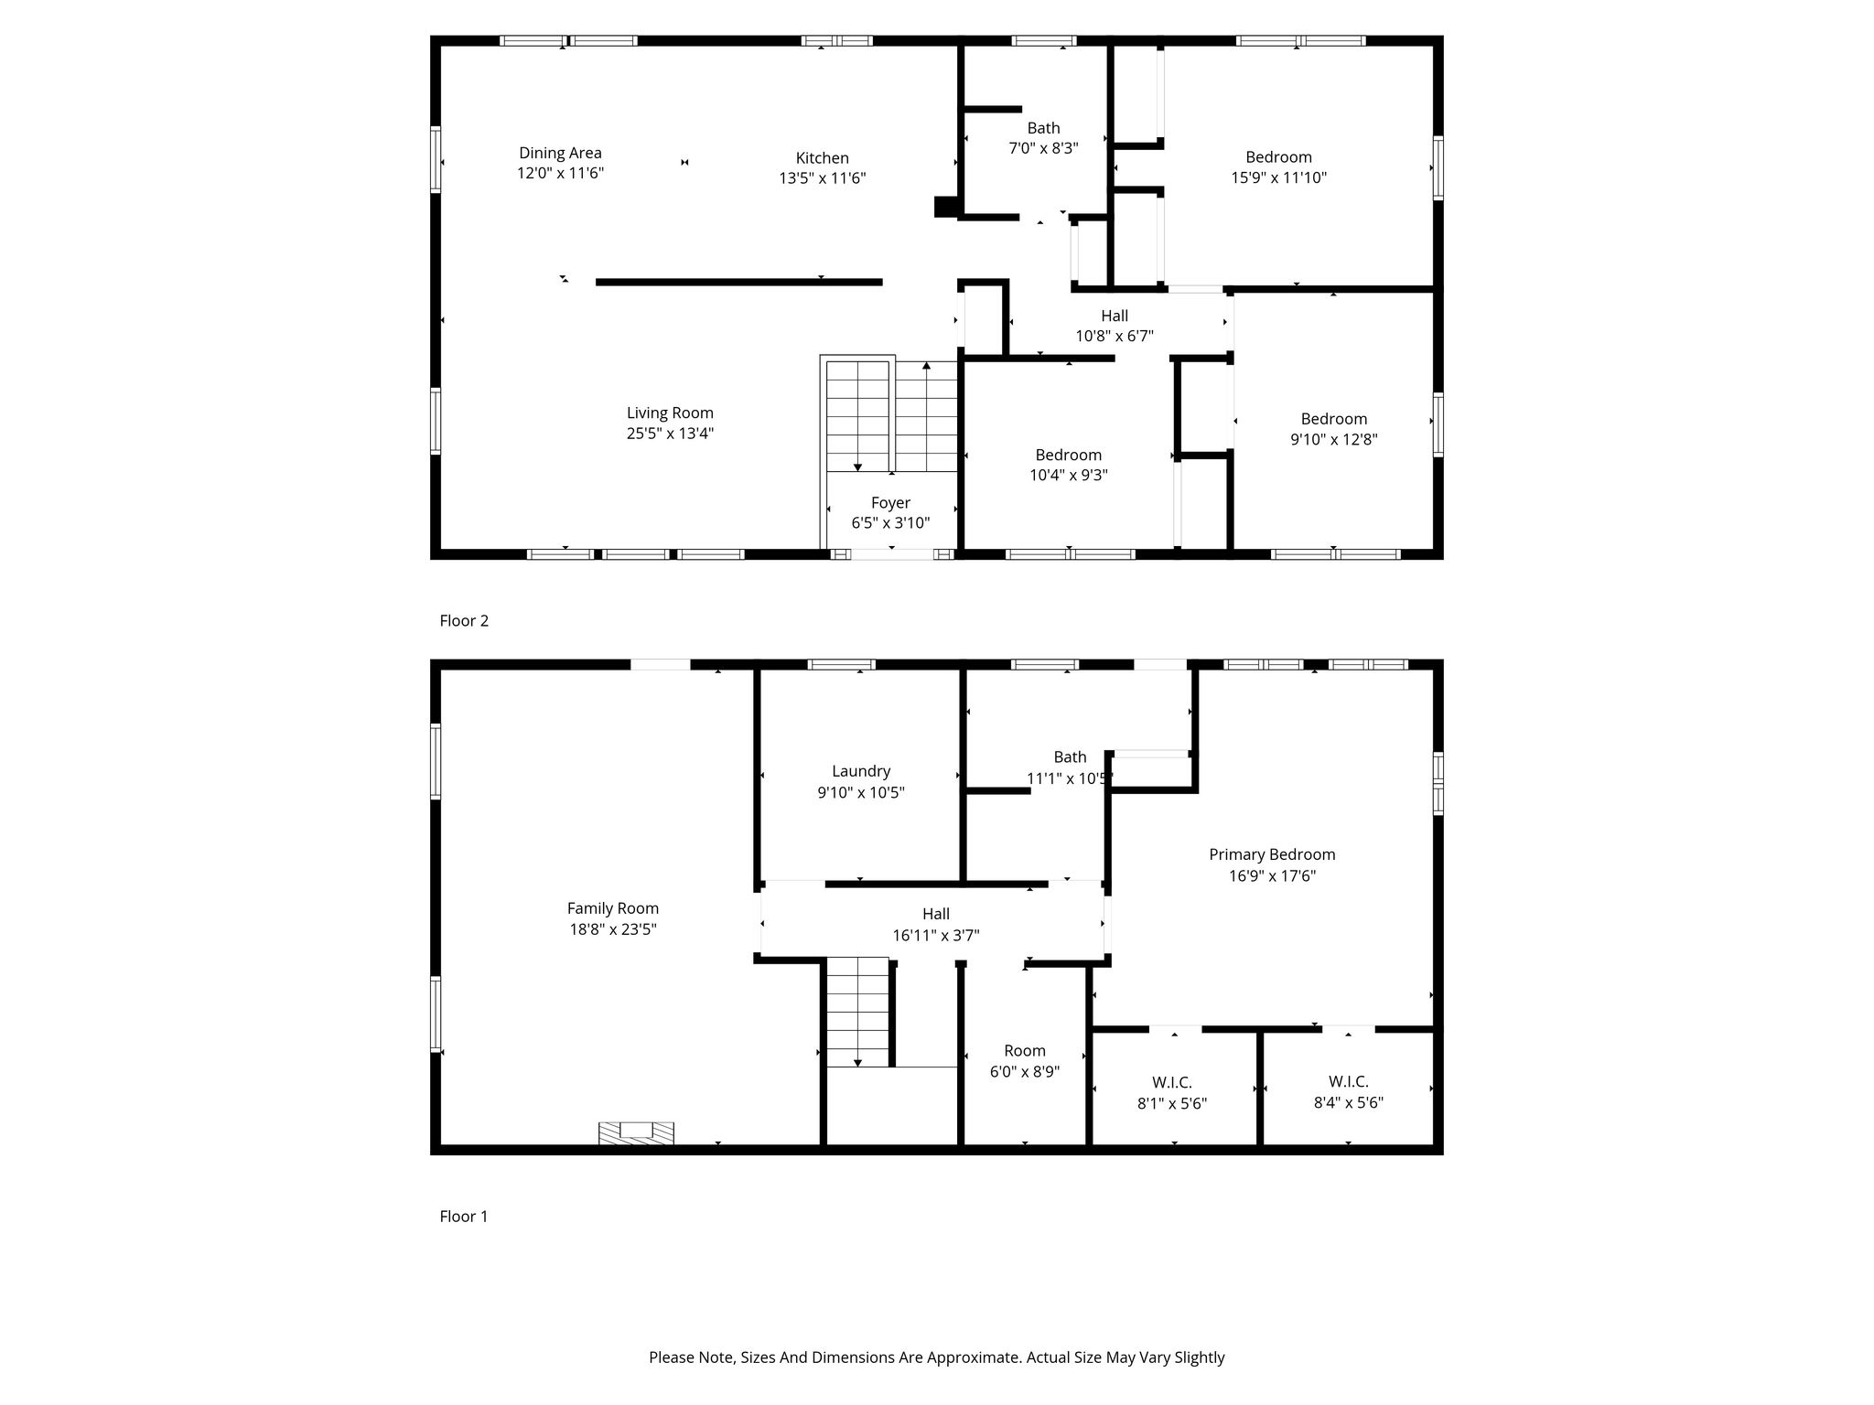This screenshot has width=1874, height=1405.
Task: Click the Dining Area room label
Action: coord(560,153)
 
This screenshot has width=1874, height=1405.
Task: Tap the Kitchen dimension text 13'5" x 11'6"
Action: coord(822,178)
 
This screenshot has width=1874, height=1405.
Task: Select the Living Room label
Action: coord(670,413)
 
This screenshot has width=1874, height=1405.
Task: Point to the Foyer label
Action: coord(890,503)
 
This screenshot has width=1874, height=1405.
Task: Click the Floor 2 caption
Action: coord(464,620)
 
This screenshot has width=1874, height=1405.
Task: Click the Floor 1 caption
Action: coord(464,1216)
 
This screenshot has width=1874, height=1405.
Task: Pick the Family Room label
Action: coord(613,908)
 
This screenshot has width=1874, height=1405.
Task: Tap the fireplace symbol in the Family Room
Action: coord(636,1132)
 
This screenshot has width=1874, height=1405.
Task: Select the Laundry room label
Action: coord(861,771)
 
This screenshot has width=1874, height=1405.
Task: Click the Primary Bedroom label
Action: coord(1272,854)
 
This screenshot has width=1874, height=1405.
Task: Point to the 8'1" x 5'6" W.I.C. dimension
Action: coord(1172,1103)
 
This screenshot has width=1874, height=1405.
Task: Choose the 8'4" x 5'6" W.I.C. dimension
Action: coord(1348,1103)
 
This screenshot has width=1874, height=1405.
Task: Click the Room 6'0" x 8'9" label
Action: coord(1025,1061)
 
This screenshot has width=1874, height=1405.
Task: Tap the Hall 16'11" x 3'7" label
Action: coord(936,924)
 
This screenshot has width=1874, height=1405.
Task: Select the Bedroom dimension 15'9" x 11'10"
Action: coord(1279,178)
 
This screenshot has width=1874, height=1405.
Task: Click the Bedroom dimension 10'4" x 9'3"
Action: coord(1069,475)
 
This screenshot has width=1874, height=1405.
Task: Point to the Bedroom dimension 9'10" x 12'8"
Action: coord(1334,439)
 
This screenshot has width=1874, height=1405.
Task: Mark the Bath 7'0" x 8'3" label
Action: coord(1043,138)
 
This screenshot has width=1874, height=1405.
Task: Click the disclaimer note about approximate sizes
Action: coord(937,1357)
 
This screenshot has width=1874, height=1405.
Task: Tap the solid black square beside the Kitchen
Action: coord(945,207)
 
